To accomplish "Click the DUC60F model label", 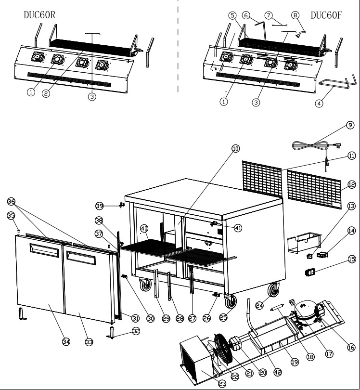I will click(x=326, y=15).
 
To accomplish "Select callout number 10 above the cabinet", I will click(x=235, y=149).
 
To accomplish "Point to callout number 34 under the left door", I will click(x=66, y=341).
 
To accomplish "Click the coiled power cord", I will click(x=313, y=144).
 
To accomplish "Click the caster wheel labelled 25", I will click(x=232, y=301).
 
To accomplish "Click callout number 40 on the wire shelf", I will click(x=144, y=228).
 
